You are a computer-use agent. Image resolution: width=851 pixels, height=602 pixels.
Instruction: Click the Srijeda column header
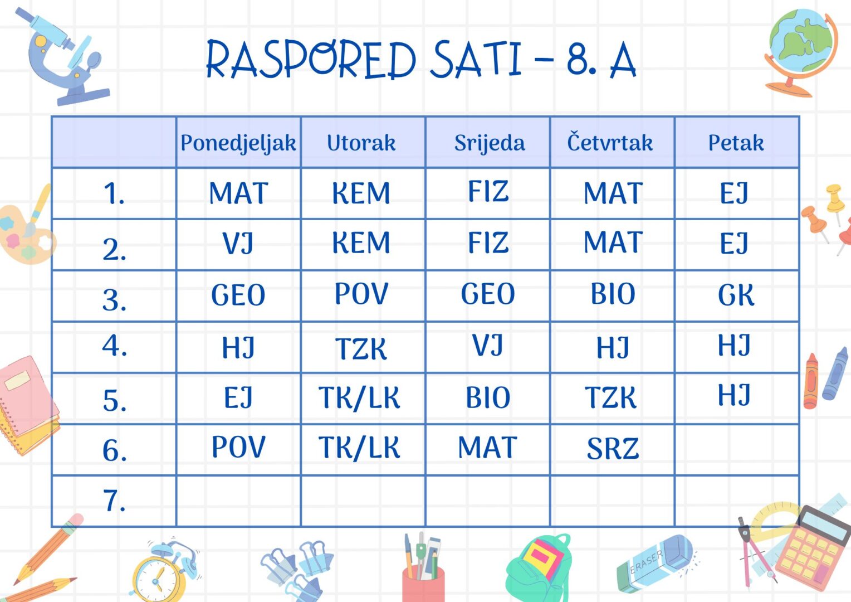tap(490, 144)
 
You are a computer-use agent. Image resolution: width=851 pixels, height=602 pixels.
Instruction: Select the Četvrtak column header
tap(610, 142)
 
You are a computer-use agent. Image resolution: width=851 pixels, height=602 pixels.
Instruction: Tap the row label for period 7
tap(114, 501)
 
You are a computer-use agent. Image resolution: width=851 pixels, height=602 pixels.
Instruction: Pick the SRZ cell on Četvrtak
tap(613, 449)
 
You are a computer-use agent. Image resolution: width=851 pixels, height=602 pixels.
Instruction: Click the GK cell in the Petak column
tap(736, 295)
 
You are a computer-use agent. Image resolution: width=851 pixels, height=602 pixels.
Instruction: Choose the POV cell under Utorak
tap(361, 293)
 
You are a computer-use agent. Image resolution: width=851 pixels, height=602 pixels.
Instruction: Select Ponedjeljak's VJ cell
tap(238, 243)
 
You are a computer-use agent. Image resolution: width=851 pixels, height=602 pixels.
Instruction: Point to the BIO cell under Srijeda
tap(488, 398)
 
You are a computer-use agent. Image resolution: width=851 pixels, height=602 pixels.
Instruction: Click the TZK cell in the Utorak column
tap(361, 348)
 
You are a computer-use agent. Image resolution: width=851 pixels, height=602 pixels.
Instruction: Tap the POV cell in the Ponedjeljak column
tap(238, 446)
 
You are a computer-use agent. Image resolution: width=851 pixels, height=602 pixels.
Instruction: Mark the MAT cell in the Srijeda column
tap(488, 447)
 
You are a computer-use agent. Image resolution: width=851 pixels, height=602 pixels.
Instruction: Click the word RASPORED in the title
tap(311, 59)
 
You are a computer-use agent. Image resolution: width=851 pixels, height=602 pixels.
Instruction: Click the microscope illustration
tap(63, 56)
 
